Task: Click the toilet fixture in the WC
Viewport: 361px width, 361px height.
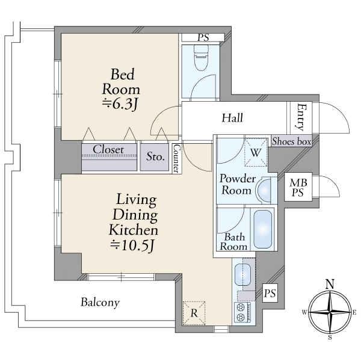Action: pos(201,58)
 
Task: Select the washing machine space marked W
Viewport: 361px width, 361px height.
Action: pos(256,152)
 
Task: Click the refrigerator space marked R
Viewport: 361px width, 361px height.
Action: pos(194,313)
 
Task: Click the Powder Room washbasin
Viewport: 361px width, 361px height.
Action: pos(264,190)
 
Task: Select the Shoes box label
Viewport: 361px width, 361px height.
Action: pos(291,141)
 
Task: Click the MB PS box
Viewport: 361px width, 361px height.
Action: pos(298,187)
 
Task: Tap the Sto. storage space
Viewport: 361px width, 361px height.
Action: pos(155,157)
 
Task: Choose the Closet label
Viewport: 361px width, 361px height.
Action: pos(108,150)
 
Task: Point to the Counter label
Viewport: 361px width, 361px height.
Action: pos(177,158)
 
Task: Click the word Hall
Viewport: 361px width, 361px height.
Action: pos(232,118)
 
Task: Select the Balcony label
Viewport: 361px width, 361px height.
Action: pos(100,303)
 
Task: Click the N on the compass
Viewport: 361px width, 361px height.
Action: pos(330,284)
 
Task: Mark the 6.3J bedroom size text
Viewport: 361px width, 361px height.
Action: pos(120,105)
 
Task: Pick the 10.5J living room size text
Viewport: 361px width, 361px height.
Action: pos(132,245)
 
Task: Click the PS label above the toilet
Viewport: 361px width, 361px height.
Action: pos(203,37)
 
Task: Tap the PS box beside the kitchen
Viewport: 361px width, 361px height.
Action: pos(270,294)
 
